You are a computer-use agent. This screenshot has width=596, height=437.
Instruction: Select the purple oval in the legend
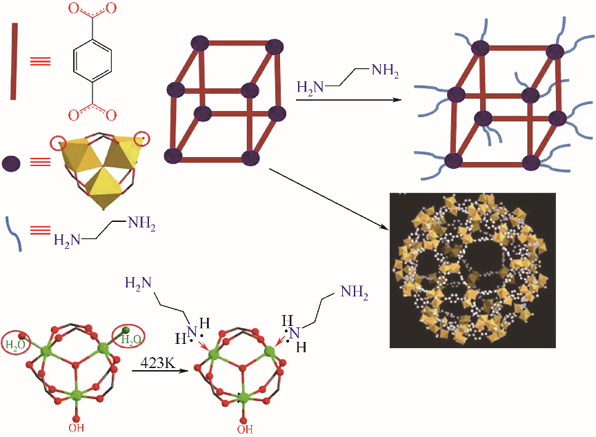pyautogui.click(x=12, y=163)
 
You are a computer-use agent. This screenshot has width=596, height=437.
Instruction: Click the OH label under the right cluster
pyautogui.click(x=244, y=428)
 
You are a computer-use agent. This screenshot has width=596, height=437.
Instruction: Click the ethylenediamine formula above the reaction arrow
pyautogui.click(x=347, y=79)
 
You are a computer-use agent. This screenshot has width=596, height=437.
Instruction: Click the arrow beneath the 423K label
pyautogui.click(x=160, y=371)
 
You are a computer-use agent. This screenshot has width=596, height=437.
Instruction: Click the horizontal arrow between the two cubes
pyautogui.click(x=348, y=101)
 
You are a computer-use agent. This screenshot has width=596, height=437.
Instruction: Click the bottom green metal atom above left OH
pyautogui.click(x=76, y=394)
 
